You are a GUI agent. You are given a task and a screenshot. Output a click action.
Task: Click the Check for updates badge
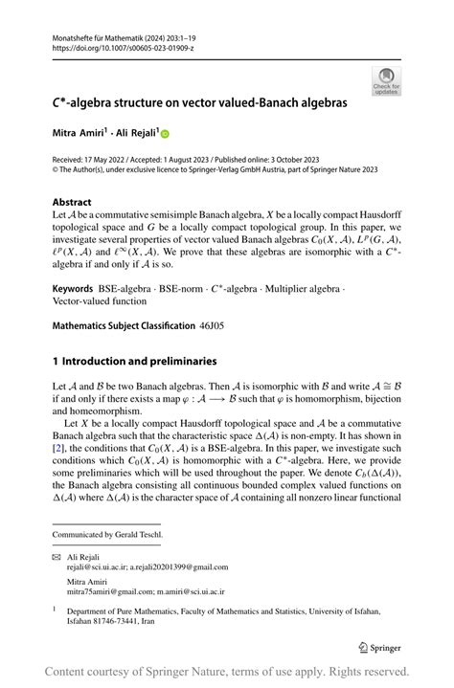coord(387,80)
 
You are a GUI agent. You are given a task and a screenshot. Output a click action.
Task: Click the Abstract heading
coord(72,202)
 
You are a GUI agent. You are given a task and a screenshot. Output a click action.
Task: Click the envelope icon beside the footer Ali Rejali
coord(57,556)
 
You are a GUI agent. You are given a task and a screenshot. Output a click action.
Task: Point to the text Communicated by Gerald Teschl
coord(107,534)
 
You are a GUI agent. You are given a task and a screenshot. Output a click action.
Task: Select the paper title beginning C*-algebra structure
coord(198,101)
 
